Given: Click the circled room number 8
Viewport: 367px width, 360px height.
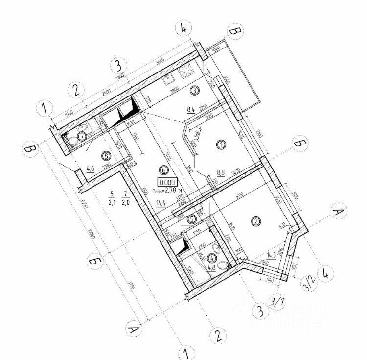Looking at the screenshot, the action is (105, 155).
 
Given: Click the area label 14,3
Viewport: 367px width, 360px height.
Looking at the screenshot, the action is (272, 255).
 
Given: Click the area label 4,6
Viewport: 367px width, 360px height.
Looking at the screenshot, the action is (91, 169).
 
